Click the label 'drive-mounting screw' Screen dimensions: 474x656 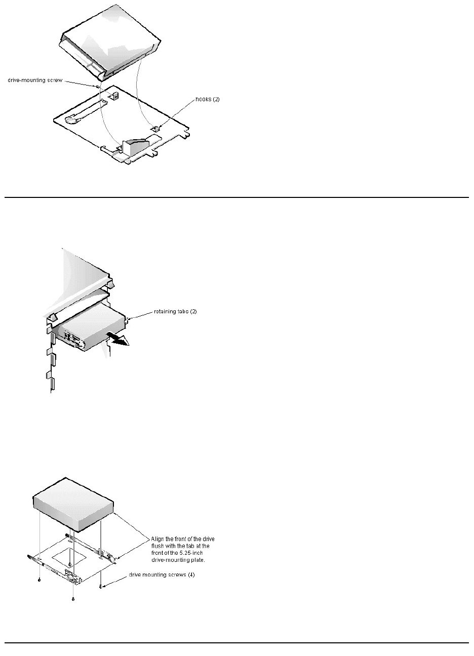click(x=35, y=80)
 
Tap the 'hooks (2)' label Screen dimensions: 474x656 click(x=208, y=99)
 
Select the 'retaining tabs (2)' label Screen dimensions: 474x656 click(x=175, y=311)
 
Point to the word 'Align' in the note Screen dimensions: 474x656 click(x=157, y=539)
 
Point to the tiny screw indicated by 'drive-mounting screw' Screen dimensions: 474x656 click(x=96, y=87)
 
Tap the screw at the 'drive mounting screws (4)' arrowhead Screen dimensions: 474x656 click(x=102, y=586)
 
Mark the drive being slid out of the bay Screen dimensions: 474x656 click(x=91, y=329)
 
